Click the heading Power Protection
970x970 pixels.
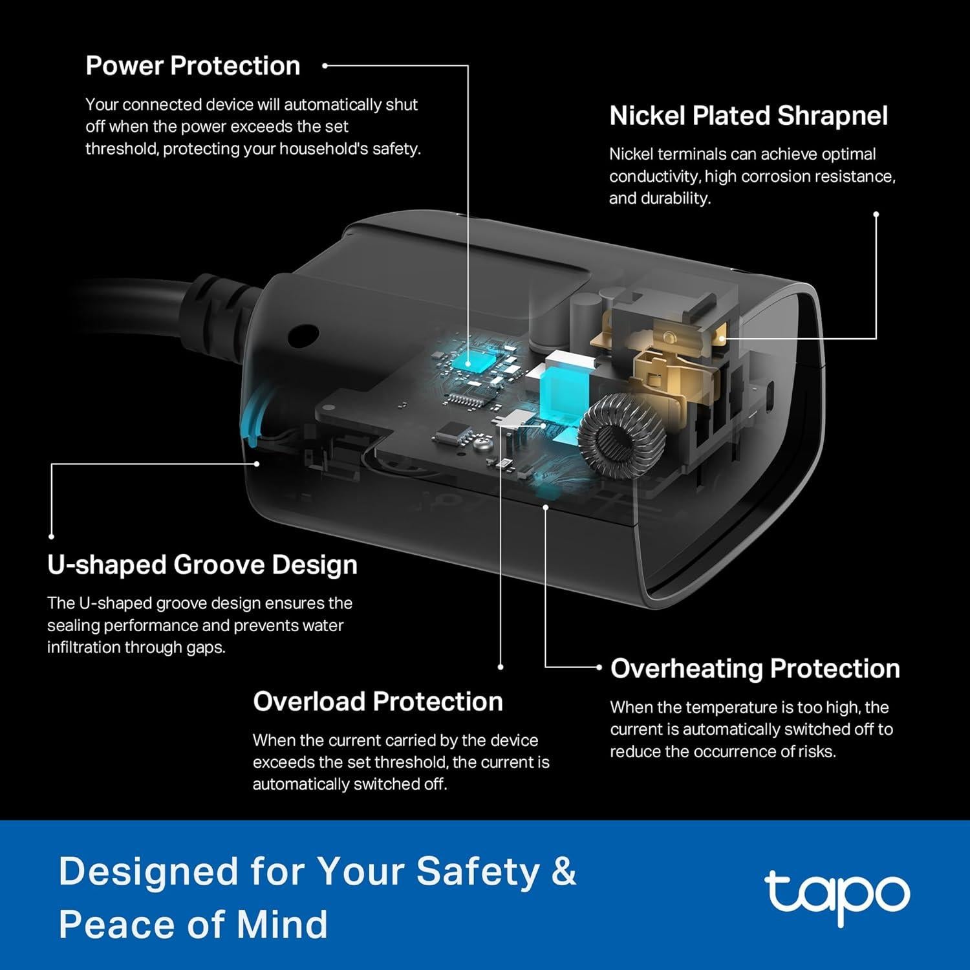[193, 66]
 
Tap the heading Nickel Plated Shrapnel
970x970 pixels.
[748, 116]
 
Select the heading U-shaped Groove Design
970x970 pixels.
[202, 565]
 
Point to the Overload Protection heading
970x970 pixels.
[378, 702]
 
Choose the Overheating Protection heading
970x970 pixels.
[755, 669]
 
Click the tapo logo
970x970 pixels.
[837, 896]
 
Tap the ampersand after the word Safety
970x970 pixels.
[564, 871]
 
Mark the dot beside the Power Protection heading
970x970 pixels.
[325, 65]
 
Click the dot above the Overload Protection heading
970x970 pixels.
[501, 667]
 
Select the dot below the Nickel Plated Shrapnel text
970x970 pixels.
[876, 214]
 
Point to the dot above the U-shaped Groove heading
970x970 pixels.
[51, 536]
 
